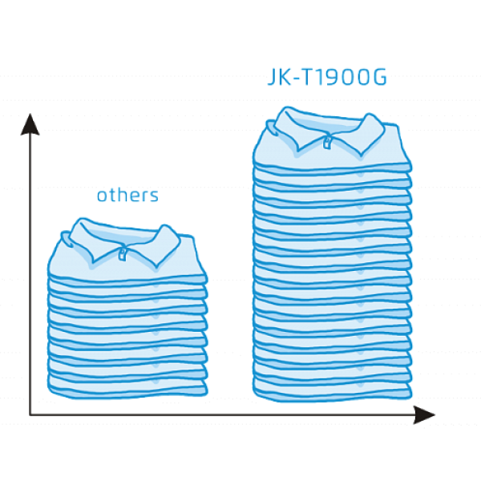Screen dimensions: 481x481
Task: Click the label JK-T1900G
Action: coord(327,77)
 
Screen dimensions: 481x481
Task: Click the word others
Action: coord(127,195)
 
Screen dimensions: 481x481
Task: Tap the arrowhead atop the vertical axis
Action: coord(30,124)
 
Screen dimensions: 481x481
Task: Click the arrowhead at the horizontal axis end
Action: coord(424,414)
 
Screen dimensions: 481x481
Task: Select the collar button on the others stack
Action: coord(123,254)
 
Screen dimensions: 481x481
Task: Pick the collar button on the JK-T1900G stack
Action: coord(327,143)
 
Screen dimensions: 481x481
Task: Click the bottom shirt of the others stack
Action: coord(127,387)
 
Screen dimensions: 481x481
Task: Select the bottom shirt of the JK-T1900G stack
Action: coord(332,390)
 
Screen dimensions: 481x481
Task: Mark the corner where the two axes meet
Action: coord(30,414)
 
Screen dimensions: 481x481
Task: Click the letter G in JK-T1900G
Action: coord(379,77)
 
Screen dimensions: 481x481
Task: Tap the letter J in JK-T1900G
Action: coord(272,77)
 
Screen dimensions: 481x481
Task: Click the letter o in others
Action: coord(103,196)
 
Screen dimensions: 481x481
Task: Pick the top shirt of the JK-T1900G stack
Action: coord(332,139)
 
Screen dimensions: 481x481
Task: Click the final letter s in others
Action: coord(154,196)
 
